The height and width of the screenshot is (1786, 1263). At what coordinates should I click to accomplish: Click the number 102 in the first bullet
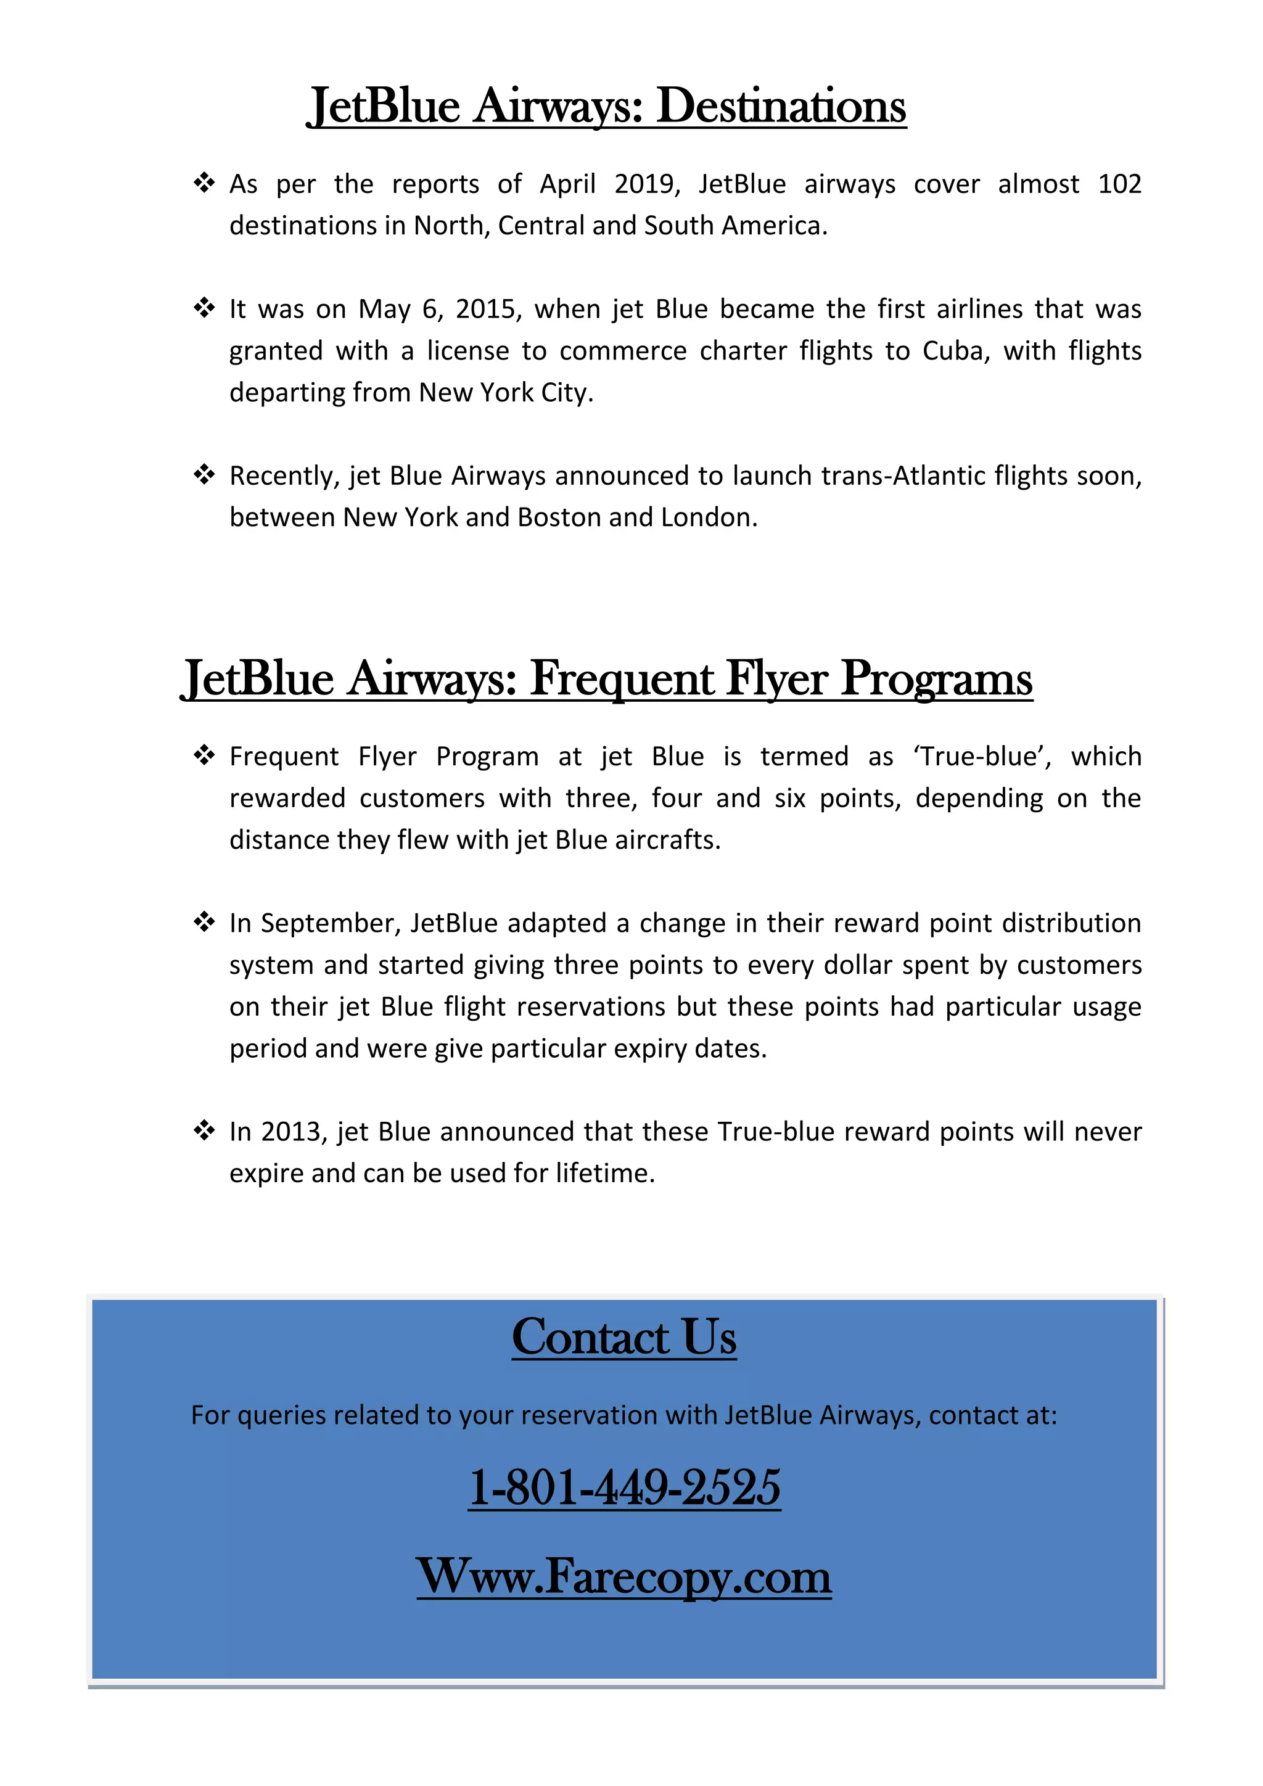tap(1119, 184)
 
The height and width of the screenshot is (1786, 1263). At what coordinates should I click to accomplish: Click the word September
tap(330, 923)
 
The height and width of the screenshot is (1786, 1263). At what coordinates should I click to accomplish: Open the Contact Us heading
tap(623, 1338)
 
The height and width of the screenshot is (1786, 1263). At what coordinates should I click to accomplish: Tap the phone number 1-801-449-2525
tap(623, 1488)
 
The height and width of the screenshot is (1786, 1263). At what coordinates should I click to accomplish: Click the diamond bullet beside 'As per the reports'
tap(204, 184)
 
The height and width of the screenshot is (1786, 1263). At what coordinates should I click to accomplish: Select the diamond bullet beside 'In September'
tap(204, 923)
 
